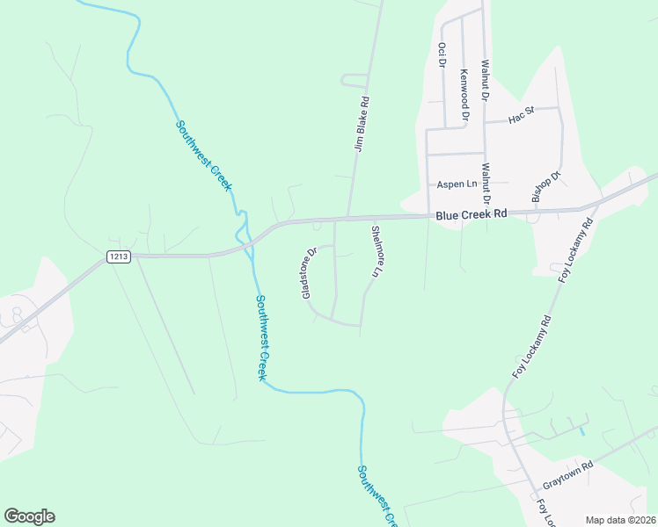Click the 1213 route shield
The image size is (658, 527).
click(x=119, y=256)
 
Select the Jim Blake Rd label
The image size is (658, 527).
click(x=359, y=124)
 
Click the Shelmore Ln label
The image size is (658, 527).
click(x=376, y=251)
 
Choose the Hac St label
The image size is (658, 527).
click(x=522, y=115)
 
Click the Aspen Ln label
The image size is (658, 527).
click(x=457, y=184)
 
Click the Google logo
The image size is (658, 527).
click(x=29, y=516)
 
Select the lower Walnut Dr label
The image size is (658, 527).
click(x=485, y=183)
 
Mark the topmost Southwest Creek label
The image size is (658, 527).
click(x=203, y=155)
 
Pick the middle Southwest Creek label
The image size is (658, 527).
click(x=260, y=336)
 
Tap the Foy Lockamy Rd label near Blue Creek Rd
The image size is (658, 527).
click(x=577, y=247)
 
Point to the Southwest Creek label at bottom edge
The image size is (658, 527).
click(x=375, y=497)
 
